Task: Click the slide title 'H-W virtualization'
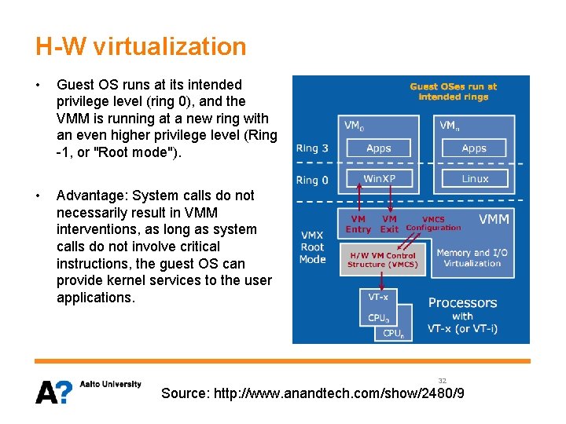141,46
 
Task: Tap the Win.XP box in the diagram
379,178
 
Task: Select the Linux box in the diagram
474,178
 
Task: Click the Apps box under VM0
378,148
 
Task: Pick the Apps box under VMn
474,148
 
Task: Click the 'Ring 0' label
307,180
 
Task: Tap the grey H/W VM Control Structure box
382,260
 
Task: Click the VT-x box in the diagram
378,297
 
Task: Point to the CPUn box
393,334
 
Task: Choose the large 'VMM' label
494,219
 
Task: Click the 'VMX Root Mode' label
312,247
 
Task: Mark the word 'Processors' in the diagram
462,302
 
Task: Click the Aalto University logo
88,390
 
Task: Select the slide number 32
443,380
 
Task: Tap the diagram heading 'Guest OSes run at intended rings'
454,92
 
